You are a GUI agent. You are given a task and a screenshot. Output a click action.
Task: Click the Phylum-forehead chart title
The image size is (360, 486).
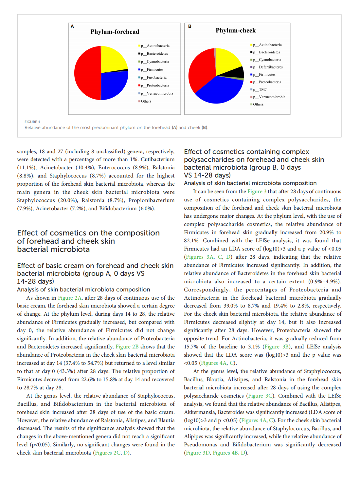115,32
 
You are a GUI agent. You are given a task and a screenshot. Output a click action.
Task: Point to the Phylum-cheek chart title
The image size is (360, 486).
236,30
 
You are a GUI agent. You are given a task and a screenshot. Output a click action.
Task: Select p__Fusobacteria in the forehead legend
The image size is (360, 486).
156,78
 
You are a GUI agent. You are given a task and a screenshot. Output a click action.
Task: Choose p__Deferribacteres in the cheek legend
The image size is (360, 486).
270,67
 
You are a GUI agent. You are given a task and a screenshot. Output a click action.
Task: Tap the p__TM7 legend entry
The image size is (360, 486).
262,89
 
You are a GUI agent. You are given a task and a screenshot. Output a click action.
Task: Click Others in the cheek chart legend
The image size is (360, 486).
258,104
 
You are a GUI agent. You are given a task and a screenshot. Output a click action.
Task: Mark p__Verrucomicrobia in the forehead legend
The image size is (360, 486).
160,93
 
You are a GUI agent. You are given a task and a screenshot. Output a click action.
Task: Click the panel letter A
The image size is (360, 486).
72,26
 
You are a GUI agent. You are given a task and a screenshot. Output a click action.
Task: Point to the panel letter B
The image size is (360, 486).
190,26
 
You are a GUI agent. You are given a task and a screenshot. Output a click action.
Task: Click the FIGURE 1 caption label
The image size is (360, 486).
32,122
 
